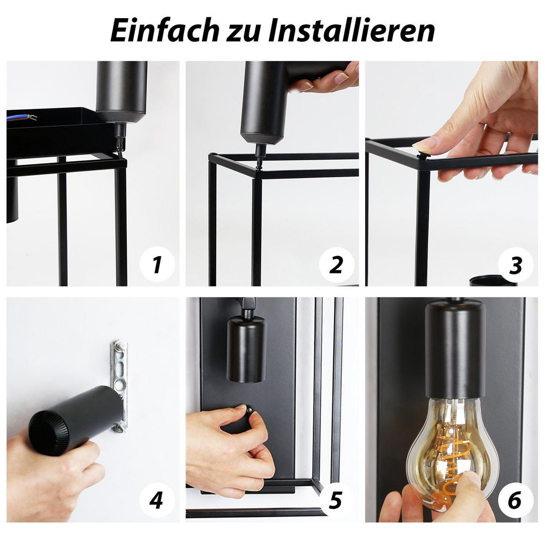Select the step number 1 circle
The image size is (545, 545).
(157, 264)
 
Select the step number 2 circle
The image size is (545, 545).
(336, 264)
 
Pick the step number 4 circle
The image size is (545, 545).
(156, 500)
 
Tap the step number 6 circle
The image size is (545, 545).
(515, 500)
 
